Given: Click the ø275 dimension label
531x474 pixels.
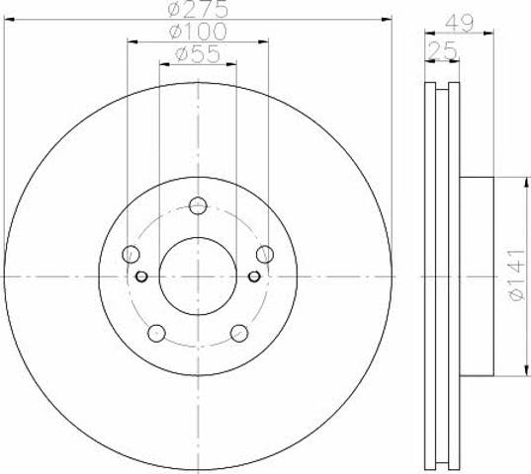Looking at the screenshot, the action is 198,9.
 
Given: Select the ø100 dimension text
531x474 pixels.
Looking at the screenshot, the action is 198,32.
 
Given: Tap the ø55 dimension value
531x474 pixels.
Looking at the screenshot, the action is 198,54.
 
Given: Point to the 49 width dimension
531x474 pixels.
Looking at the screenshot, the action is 459,24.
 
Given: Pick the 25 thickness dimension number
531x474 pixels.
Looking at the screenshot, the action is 442,50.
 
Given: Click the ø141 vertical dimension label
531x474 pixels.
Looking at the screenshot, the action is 517,276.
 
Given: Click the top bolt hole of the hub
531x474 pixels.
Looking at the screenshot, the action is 198,205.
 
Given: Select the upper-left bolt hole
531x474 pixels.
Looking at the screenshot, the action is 131,254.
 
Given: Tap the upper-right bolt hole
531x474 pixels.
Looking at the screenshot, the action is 265,254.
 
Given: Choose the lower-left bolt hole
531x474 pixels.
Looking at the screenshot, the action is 157,333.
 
